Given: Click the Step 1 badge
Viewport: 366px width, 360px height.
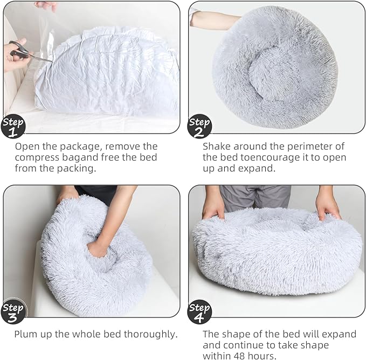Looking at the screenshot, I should click(13, 127).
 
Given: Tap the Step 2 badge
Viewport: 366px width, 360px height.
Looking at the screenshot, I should click(199, 127).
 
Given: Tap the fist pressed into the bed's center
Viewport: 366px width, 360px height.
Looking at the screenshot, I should click(98, 248).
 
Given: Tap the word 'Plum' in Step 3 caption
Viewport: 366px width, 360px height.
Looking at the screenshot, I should click(26, 334).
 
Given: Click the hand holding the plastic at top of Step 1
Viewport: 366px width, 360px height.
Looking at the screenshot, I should click(46, 6).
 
